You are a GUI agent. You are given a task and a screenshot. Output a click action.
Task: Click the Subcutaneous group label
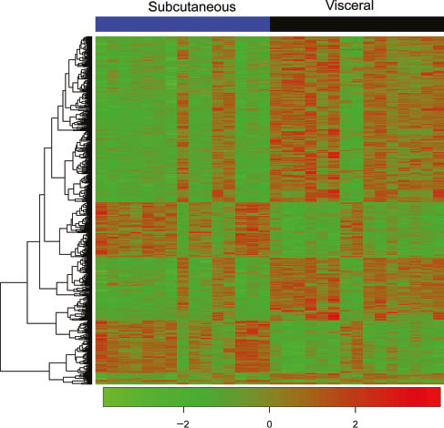point(191,8)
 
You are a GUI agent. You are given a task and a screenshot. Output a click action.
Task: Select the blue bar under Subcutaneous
point(182,24)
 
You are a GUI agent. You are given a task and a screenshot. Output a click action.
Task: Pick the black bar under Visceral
point(356,24)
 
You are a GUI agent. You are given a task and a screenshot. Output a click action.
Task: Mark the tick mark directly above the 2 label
point(355,409)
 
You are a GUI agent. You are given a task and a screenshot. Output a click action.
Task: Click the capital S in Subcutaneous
point(152,8)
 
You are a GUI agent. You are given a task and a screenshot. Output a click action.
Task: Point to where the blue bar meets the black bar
point(270,24)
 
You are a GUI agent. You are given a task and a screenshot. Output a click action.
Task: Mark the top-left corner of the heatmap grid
point(96,36)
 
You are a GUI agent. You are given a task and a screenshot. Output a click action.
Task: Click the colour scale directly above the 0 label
point(270,397)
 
